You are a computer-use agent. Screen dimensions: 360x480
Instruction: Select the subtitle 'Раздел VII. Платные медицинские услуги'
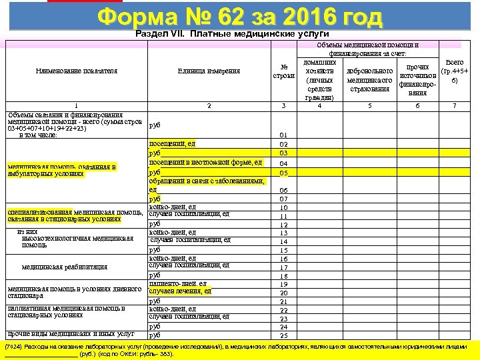click(x=232, y=33)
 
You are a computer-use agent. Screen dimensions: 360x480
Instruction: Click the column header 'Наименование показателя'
click(x=77, y=70)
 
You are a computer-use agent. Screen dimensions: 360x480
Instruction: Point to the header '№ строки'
click(x=283, y=70)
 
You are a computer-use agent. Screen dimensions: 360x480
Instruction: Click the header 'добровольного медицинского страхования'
click(x=369, y=79)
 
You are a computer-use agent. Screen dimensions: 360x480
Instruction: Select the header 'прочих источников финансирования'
click(x=417, y=79)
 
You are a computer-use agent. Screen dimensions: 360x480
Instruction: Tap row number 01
click(x=283, y=135)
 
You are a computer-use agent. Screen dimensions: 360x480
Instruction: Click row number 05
click(x=283, y=173)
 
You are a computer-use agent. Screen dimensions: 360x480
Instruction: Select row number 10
click(x=283, y=207)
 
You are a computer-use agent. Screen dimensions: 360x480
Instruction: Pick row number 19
click(x=283, y=285)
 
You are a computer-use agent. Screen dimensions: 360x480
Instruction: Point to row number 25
click(x=283, y=335)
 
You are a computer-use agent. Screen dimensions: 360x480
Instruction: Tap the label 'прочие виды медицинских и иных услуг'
click(x=71, y=333)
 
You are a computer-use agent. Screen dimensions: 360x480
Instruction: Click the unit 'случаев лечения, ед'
click(x=180, y=291)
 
